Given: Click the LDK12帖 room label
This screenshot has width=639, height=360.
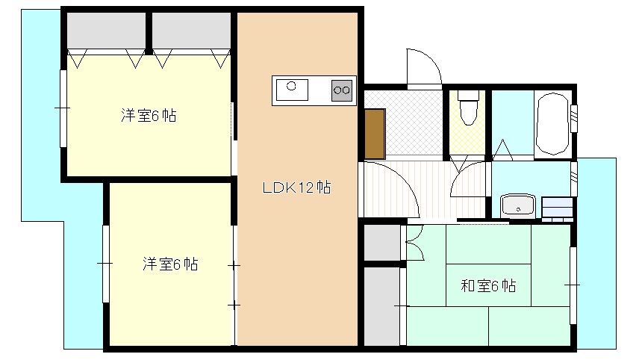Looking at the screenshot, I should [296, 187].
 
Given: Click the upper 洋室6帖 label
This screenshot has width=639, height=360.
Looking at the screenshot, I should [149, 116].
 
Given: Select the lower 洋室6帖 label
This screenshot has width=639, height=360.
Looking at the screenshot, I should [170, 264].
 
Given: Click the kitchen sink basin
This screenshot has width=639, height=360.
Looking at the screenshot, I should [292, 90].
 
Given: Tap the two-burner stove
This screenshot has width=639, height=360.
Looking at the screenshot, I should [342, 90].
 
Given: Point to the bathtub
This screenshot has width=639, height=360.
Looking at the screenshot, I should [552, 124].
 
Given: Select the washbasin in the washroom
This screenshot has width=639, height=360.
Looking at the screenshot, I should [518, 205].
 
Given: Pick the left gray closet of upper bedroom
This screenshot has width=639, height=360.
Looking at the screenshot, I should [106, 31].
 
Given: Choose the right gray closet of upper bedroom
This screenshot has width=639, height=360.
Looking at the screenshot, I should [191, 31].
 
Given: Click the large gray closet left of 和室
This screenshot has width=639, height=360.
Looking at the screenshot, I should [381, 305].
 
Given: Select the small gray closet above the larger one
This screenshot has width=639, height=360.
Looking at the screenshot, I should [381, 242].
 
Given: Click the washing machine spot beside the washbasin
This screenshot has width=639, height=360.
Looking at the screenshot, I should [556, 206].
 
